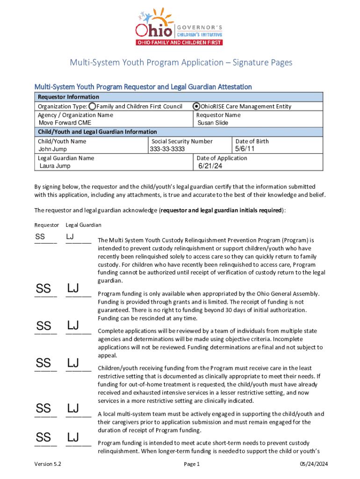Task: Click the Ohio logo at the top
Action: tap(179, 27)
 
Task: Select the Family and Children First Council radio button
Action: tap(93, 106)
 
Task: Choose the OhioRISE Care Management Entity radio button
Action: tap(197, 106)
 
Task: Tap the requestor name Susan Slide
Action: tap(213, 123)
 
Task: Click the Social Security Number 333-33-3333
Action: tap(167, 149)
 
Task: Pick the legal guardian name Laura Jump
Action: tap(55, 166)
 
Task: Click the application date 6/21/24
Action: tap(210, 166)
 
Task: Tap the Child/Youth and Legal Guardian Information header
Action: tap(97, 132)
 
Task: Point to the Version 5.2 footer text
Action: tap(48, 464)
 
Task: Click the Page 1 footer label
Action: tap(192, 464)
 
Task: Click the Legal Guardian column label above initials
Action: tap(84, 225)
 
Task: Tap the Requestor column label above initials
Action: tap(47, 225)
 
